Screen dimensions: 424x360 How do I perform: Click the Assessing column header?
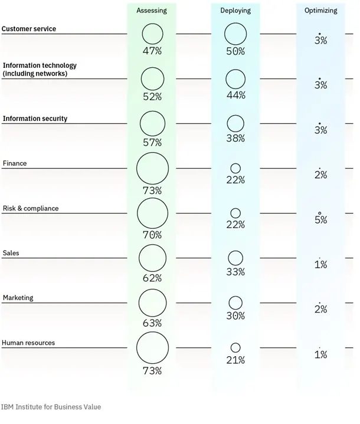[152, 11]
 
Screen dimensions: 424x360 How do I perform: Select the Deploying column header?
[235, 11]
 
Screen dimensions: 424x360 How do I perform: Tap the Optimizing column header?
[320, 11]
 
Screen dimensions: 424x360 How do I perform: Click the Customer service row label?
[29, 29]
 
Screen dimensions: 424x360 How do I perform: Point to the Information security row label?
[35, 119]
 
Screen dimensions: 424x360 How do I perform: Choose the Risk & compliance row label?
[31, 209]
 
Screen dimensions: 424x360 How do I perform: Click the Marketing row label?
[18, 298]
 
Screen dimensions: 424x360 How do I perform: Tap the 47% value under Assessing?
[152, 51]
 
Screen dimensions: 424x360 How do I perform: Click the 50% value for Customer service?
[235, 51]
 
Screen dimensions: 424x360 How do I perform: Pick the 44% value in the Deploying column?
[235, 96]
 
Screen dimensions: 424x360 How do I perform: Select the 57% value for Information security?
[152, 142]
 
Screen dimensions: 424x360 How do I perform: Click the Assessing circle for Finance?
[152, 169]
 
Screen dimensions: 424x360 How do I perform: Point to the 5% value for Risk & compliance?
[320, 220]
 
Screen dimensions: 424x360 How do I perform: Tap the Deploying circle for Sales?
[235, 258]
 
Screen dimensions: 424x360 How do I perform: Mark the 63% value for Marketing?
[152, 323]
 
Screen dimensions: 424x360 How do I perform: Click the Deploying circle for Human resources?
[235, 348]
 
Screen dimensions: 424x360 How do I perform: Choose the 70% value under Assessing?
[152, 235]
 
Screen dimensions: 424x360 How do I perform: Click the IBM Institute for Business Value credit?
[51, 407]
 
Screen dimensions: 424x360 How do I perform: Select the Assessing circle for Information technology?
[152, 78]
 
